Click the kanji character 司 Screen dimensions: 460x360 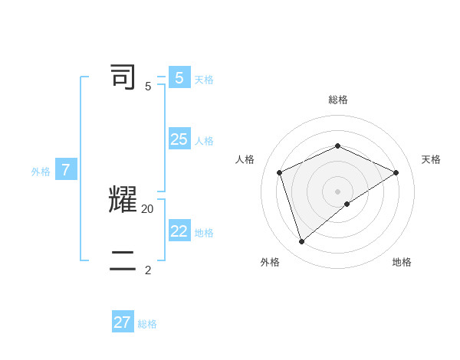tap(123, 77)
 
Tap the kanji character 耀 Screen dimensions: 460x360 tap(123, 199)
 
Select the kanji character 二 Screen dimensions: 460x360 tap(123, 260)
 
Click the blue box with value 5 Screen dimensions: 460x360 tap(179, 78)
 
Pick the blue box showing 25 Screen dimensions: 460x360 tap(179, 139)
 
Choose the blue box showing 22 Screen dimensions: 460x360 tap(179, 231)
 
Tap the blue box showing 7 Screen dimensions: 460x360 tap(65, 171)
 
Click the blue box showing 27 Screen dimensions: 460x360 tap(122, 322)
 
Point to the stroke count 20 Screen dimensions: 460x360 tap(148, 208)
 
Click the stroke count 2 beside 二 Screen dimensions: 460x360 tap(148, 270)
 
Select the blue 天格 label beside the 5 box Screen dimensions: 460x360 tap(204, 80)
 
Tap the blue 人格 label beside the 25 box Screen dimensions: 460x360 tap(204, 141)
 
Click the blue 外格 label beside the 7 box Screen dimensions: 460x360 tap(41, 172)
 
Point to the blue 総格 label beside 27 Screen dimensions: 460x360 tap(147, 324)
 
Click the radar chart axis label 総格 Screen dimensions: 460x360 tap(338, 100)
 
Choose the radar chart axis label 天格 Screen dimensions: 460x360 tap(431, 159)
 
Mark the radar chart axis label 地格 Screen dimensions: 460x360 tap(402, 262)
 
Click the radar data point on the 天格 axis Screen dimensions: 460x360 tap(396, 172)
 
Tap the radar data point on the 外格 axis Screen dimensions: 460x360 tap(302, 241)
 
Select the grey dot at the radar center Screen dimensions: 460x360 tap(337, 191)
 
